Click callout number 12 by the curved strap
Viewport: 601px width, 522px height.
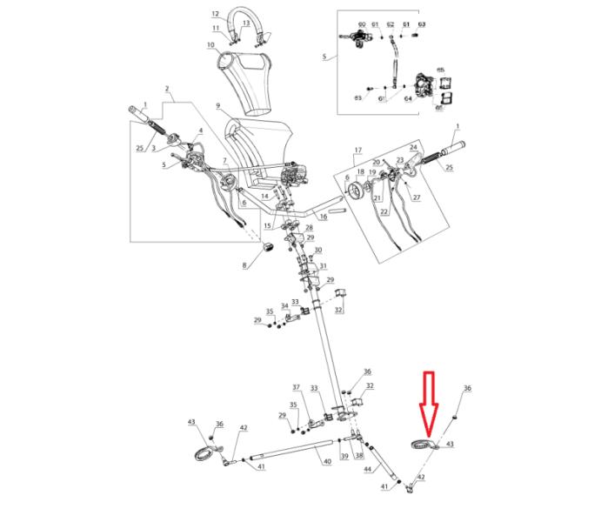pyautogui.click(x=216, y=15)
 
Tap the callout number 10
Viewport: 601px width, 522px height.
pyautogui.click(x=210, y=45)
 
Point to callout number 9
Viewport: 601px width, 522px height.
pyautogui.click(x=219, y=107)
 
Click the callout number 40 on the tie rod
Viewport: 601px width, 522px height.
pyautogui.click(x=327, y=461)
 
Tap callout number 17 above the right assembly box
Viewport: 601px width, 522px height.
pyautogui.click(x=356, y=151)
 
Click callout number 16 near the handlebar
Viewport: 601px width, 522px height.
pyautogui.click(x=320, y=215)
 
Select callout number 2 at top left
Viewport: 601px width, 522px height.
pyautogui.click(x=166, y=90)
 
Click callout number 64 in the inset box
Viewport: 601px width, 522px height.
pyautogui.click(x=407, y=98)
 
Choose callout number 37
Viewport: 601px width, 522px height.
pyautogui.click(x=296, y=387)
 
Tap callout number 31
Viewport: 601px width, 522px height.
pyautogui.click(x=323, y=266)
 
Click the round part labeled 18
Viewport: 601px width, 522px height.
pyautogui.click(x=354, y=190)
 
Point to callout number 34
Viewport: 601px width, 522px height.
pyautogui.click(x=284, y=306)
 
